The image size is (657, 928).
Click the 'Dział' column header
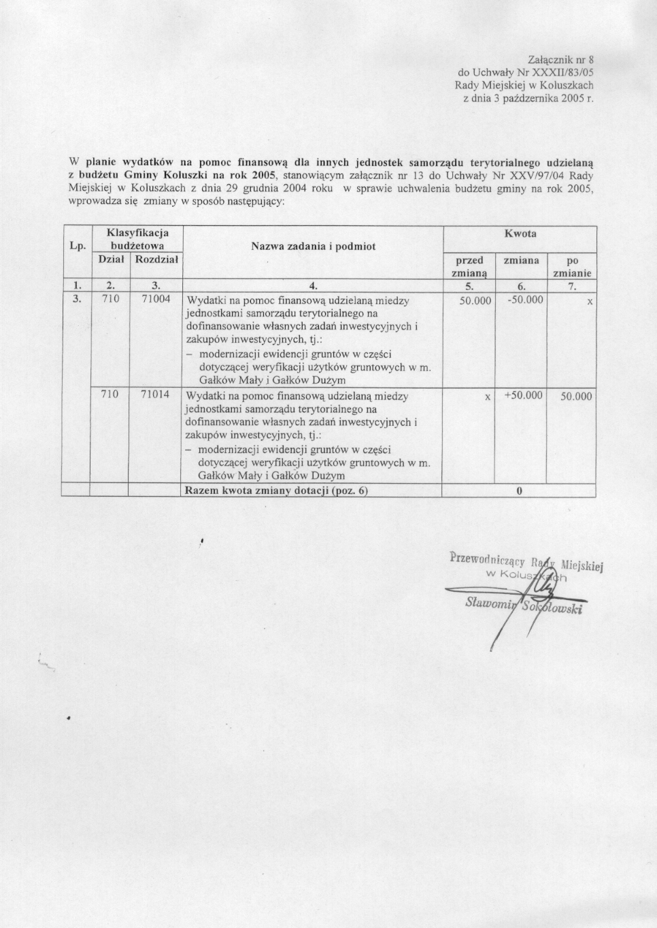click(110, 259)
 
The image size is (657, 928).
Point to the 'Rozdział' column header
click(156, 259)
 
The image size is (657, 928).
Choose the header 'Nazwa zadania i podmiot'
click(313, 246)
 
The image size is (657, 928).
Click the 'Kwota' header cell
click(520, 233)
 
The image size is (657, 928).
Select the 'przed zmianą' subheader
click(469, 266)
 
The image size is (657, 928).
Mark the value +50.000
click(523, 395)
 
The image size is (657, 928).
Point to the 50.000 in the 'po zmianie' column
click(576, 396)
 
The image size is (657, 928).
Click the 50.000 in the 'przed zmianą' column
click(475, 300)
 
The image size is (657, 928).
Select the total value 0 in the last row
click(520, 491)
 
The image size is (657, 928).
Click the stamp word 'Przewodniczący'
click(487, 560)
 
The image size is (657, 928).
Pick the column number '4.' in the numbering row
click(313, 286)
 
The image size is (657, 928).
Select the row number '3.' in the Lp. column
click(77, 299)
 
